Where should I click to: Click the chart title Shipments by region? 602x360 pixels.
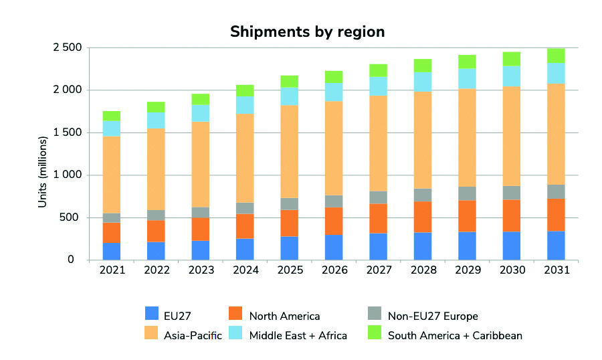307,31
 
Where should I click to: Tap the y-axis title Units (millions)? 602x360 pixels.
42,171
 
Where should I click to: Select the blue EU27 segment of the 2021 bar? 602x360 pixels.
112,251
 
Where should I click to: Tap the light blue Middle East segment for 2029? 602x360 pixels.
467,78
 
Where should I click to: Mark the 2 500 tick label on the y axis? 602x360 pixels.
67,48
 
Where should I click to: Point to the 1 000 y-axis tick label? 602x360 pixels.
67,175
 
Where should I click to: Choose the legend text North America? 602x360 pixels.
284,316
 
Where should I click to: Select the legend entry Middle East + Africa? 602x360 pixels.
298,335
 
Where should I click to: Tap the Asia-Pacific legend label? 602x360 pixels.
194,335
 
